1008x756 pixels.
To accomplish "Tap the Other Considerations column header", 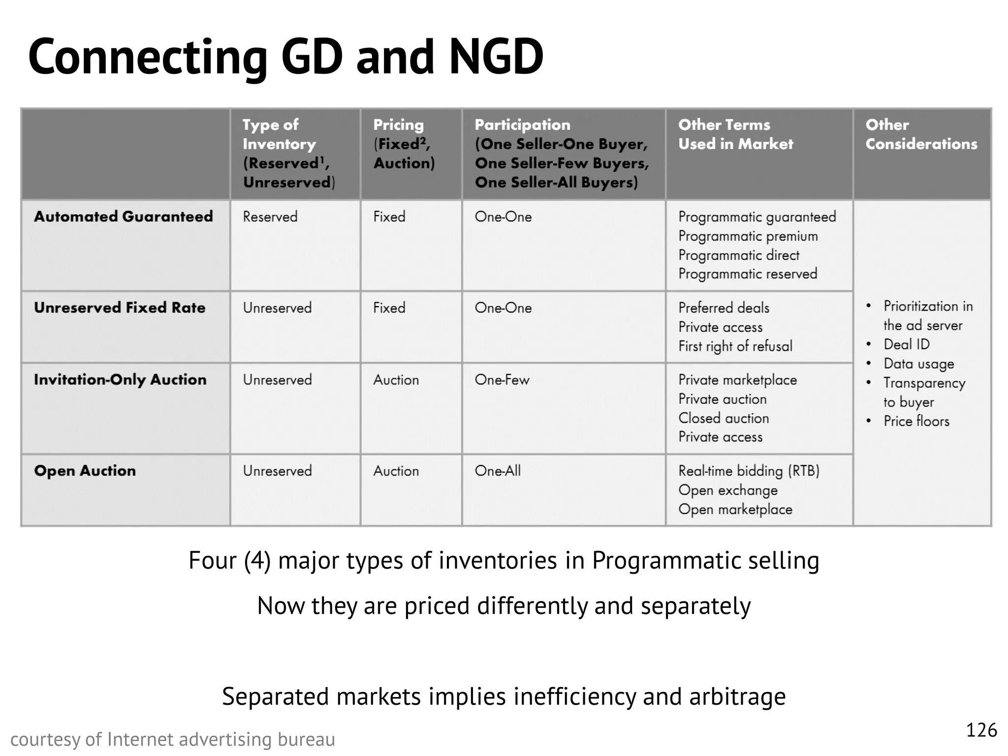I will (921, 134).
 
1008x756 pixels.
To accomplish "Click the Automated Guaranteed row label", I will (124, 217).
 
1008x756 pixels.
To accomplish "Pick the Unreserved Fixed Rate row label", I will (120, 308).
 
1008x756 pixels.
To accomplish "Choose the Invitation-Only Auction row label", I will (120, 379).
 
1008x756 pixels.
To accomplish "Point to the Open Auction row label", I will (85, 471).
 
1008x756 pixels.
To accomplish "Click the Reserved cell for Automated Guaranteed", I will (270, 217).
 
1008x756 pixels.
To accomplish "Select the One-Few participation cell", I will (502, 379).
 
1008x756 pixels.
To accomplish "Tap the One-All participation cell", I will (498, 471).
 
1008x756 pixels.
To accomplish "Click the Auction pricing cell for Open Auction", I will (396, 471).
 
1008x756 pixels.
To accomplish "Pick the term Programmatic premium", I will (748, 236).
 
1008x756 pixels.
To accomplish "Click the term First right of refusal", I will (735, 346).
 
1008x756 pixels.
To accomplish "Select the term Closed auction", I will (724, 418).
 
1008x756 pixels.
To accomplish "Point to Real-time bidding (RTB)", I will (749, 471).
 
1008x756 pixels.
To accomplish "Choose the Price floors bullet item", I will (916, 421).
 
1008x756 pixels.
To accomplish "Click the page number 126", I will (981, 730).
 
